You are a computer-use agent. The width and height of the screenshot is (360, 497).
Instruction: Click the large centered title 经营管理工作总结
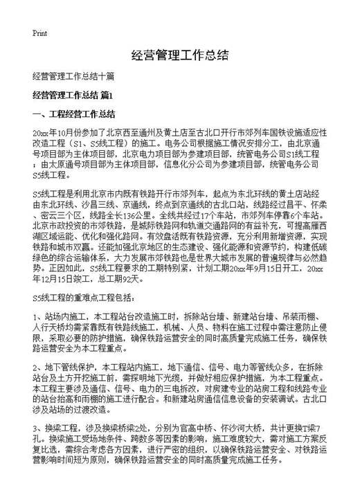(179, 55)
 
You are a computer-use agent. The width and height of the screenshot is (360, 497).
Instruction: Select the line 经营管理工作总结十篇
(73, 75)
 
